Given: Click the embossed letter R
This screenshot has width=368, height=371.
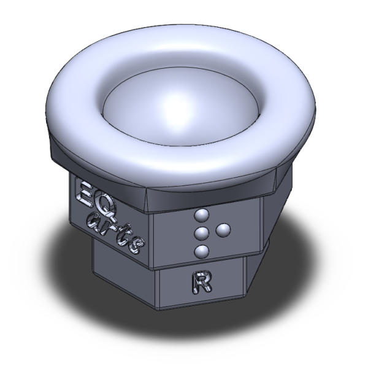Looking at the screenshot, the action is [201, 283].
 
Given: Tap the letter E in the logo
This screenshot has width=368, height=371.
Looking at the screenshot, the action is [83, 192].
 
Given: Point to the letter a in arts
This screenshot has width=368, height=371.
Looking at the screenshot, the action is [94, 222].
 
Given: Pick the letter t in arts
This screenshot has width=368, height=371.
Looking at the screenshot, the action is [123, 234].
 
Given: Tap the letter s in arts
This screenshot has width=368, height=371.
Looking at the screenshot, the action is [137, 246].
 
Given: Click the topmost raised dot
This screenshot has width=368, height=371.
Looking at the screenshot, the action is [201, 216].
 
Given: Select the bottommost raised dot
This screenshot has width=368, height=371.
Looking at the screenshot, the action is [201, 251].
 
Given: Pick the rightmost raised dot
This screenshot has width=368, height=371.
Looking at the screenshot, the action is [223, 230].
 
